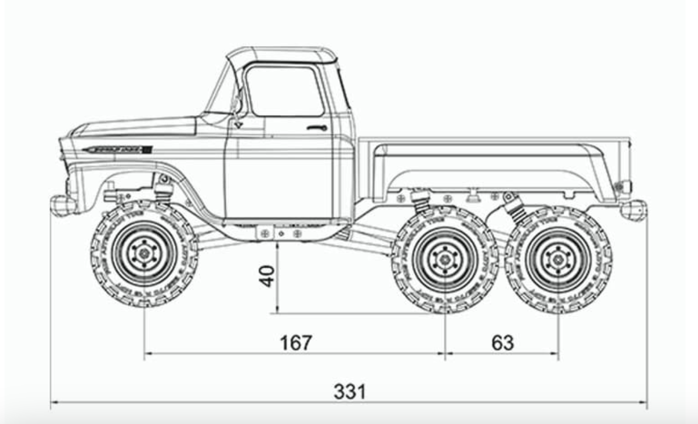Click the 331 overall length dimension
[x=350, y=392]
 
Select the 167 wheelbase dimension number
[x=296, y=343]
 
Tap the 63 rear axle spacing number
[x=502, y=343]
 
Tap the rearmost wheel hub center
[x=558, y=259]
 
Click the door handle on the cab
[x=317, y=128]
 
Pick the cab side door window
[x=284, y=91]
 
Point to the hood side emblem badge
[x=117, y=150]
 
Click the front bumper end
[x=61, y=205]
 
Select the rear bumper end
[x=634, y=210]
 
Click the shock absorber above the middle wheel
[x=422, y=200]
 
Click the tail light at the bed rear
[x=624, y=186]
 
